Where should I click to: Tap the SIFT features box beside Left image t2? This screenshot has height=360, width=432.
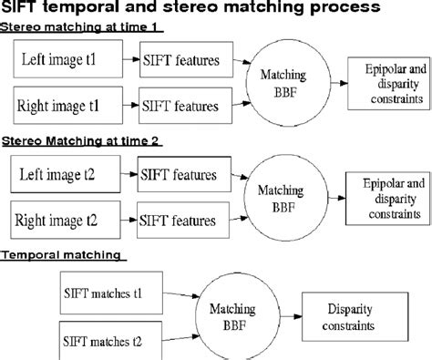(178, 170)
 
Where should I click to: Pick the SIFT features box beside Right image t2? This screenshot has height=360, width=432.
(178, 219)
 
